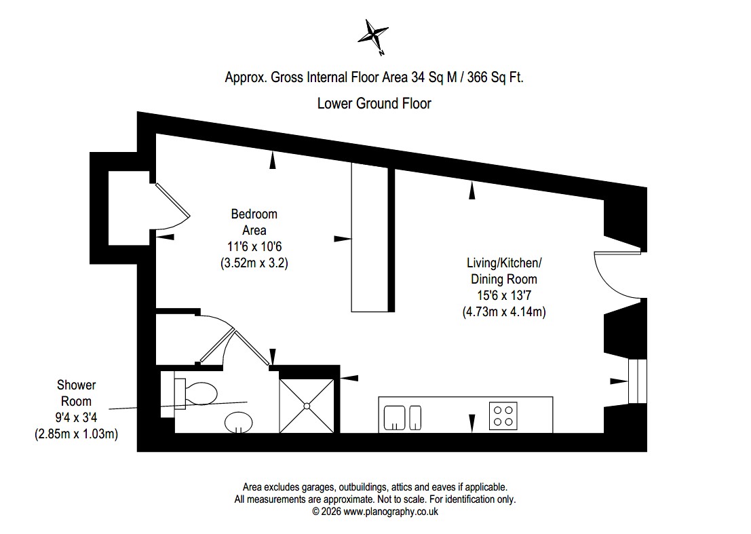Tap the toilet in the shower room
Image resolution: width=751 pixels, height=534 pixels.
tap(196, 394)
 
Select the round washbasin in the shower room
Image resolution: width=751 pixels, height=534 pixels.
tap(239, 422)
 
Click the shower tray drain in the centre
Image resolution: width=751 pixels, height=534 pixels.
tap(307, 406)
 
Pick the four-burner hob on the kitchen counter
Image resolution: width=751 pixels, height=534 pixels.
tap(503, 416)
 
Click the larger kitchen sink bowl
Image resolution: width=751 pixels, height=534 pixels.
tap(395, 417)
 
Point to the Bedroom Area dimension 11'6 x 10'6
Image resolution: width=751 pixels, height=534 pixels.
tap(254, 247)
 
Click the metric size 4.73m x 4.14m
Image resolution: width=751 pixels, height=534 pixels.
tap(504, 311)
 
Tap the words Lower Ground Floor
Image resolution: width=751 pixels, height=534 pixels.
tap(374, 103)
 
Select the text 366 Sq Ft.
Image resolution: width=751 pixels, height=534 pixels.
tap(495, 77)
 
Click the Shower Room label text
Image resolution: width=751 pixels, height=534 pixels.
tap(76, 393)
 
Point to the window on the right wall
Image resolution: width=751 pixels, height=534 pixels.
tap(638, 381)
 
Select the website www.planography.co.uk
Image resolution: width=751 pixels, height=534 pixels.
tap(391, 512)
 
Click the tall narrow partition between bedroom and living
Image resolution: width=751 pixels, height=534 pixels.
tap(370, 237)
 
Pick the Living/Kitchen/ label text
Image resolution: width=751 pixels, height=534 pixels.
tap(504, 263)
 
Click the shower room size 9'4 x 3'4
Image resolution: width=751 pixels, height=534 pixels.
tap(76, 417)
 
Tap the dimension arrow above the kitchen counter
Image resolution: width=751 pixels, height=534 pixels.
tap(471, 423)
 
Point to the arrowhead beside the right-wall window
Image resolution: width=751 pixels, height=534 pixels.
tap(619, 381)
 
